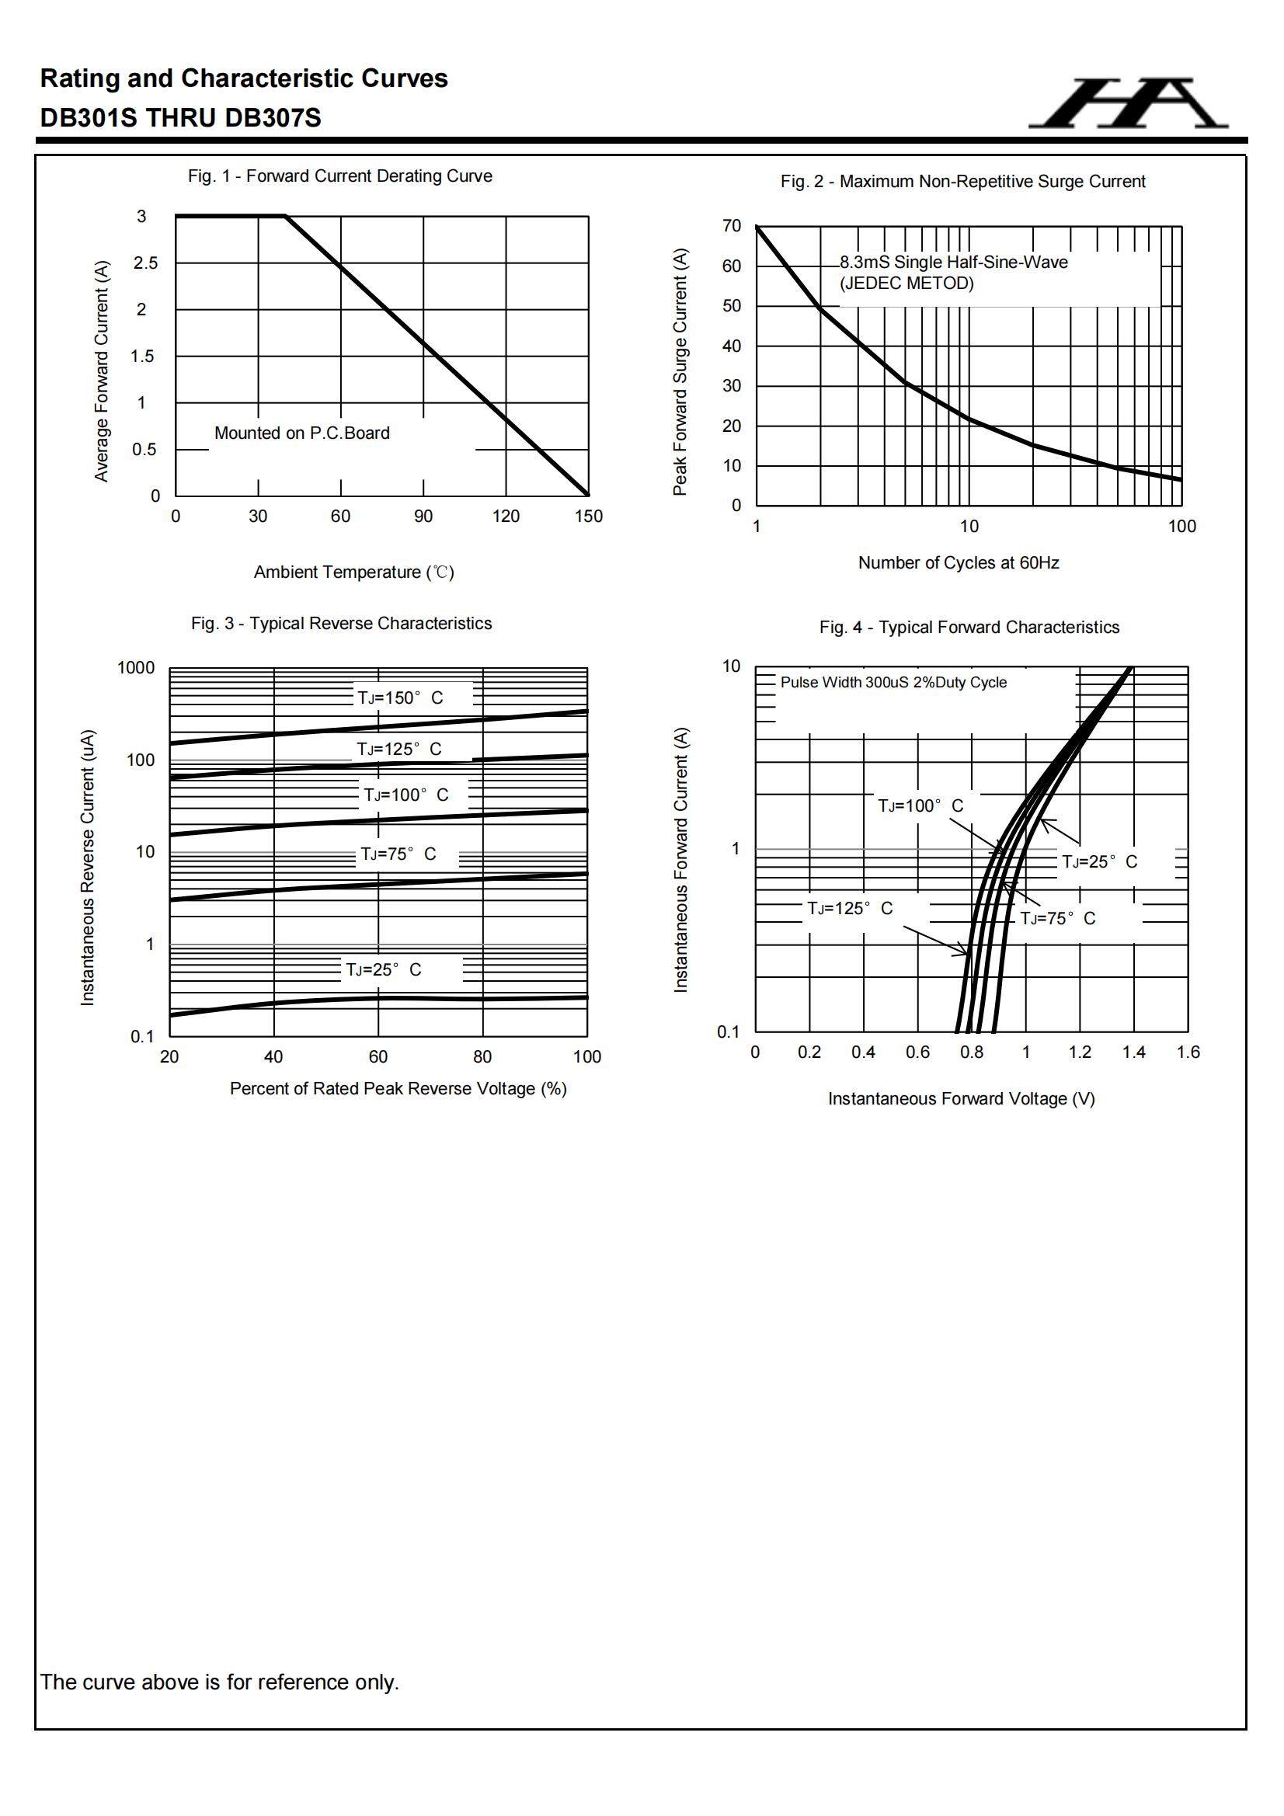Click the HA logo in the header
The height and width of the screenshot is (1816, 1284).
coord(1128,103)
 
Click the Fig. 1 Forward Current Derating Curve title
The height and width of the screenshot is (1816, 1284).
coord(339,176)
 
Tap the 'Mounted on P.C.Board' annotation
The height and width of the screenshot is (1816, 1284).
coord(301,433)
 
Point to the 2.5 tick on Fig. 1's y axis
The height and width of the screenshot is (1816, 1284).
coord(145,263)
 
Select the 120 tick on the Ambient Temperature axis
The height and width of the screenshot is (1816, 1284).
coord(506,517)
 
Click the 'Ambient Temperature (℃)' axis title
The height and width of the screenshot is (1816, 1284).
coord(353,572)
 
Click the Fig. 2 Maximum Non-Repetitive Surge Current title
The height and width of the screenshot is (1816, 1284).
coord(962,182)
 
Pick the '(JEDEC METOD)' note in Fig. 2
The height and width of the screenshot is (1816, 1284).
coord(906,284)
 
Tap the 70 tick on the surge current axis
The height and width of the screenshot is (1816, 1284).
coord(732,226)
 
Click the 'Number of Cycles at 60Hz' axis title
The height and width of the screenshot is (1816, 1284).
coord(958,563)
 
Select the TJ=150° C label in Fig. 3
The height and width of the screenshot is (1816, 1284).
coord(400,698)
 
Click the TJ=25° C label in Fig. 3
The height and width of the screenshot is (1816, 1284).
coord(384,969)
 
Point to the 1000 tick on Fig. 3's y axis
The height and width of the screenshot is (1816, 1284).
coord(136,668)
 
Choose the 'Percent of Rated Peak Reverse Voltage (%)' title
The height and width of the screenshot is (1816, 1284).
coord(398,1089)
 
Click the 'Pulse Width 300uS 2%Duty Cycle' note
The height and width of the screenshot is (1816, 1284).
coord(893,683)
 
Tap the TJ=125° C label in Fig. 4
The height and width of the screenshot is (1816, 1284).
coord(850,909)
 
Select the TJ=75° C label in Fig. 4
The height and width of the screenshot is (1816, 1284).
coord(1058,919)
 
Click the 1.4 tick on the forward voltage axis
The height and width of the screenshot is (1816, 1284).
coord(1133,1052)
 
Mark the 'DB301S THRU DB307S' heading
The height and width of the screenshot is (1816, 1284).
coord(180,118)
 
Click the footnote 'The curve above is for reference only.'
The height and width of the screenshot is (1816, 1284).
coord(219,1682)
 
